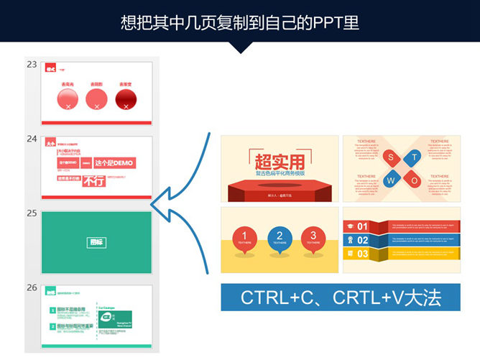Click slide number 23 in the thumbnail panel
[32, 65]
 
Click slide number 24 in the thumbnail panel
[32, 139]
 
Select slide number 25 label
[32, 213]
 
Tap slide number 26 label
[32, 287]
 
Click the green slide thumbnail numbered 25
[96, 242]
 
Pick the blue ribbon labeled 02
[361, 240]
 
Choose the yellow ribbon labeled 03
[361, 254]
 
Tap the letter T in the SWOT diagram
[415, 157]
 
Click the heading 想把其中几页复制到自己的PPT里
[240, 22]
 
